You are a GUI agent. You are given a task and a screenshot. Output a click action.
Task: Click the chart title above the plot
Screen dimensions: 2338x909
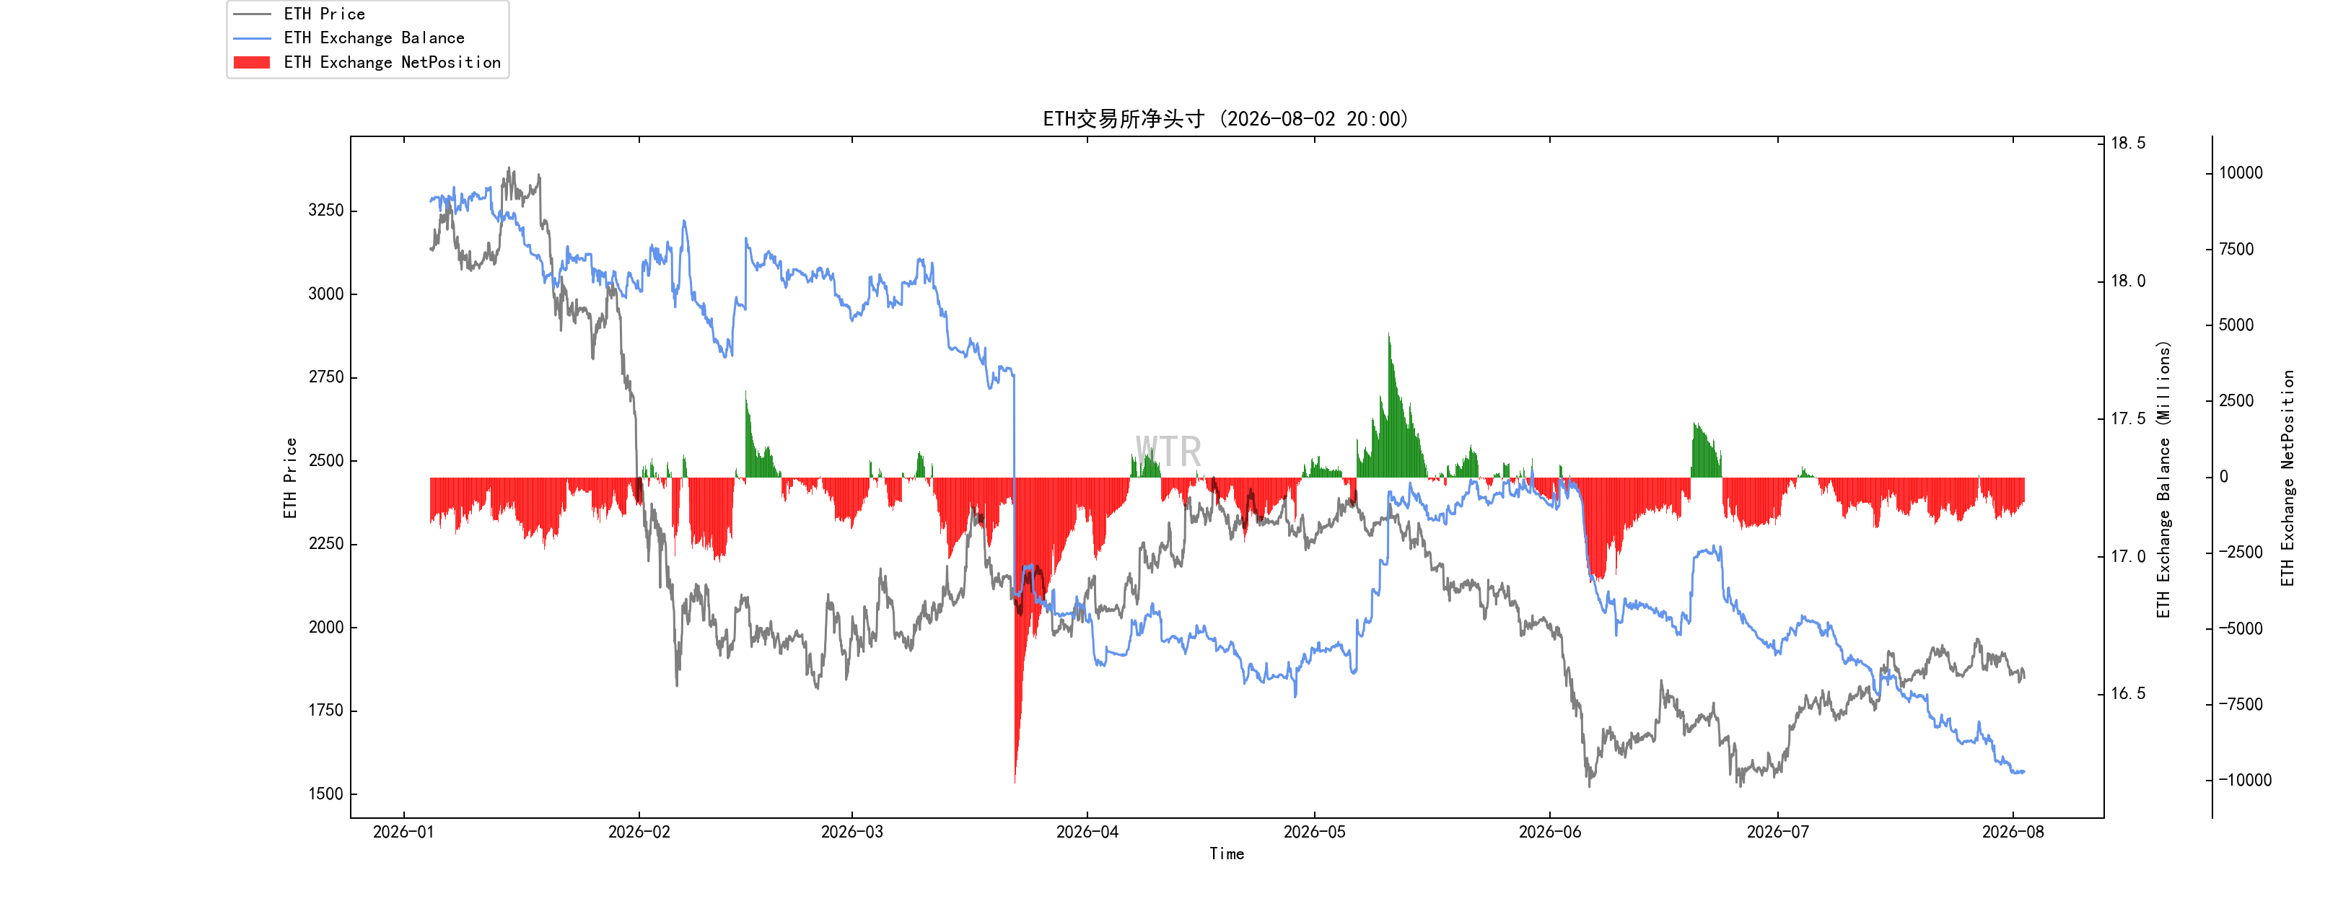[1225, 119]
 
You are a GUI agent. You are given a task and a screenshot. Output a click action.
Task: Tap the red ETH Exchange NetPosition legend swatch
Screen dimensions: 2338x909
[251, 63]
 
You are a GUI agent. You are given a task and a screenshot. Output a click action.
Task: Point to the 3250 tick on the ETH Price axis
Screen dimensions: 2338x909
[326, 211]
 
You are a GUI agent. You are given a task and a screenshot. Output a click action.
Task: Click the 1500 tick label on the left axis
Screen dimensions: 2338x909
[326, 794]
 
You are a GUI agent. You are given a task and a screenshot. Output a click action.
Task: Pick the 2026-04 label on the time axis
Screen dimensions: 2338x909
[1087, 832]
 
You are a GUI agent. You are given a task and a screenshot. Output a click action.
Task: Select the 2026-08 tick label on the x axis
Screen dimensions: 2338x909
[2013, 832]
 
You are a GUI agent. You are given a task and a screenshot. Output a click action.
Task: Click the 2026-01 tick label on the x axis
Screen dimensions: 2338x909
[404, 832]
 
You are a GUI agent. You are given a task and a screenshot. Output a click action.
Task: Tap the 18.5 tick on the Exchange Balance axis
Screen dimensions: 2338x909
[2128, 144]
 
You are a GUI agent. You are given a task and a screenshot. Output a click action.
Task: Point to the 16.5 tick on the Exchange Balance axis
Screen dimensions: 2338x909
[2128, 694]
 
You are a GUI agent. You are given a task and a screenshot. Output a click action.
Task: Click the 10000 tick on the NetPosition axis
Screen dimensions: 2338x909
[2241, 173]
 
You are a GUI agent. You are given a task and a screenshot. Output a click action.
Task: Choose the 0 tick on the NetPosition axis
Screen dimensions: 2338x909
[2224, 477]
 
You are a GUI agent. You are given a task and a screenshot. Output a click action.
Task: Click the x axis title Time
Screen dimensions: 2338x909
[1226, 853]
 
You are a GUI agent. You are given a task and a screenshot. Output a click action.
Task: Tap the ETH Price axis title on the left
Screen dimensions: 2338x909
[290, 478]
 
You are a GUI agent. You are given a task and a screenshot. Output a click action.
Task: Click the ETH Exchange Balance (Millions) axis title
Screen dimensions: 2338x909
[2164, 480]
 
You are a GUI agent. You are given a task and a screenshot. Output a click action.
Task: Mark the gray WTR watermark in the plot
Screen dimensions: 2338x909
[1168, 452]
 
